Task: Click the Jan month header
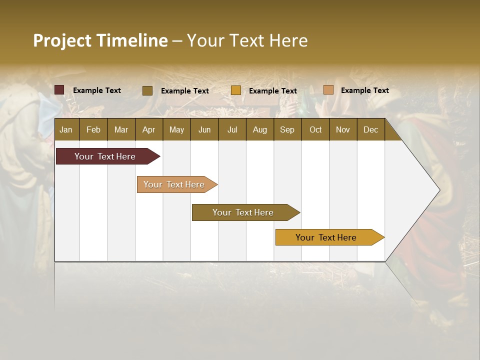tap(66, 129)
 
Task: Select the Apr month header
tap(148, 129)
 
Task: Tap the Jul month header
tap(232, 129)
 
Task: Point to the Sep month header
tap(287, 129)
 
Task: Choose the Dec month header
tap(370, 129)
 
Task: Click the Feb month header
tap(93, 129)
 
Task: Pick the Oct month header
tap(315, 129)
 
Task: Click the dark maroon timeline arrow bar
tap(105, 156)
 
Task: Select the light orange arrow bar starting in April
tap(174, 184)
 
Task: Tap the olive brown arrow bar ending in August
tap(243, 212)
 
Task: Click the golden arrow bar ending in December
tap(326, 237)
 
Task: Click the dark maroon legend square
tap(59, 90)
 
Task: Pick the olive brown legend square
tap(147, 90)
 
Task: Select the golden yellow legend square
tap(236, 90)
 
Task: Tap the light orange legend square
tap(328, 90)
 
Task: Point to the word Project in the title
tap(62, 40)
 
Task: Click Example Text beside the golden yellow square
tap(272, 91)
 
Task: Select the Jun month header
tap(204, 129)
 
